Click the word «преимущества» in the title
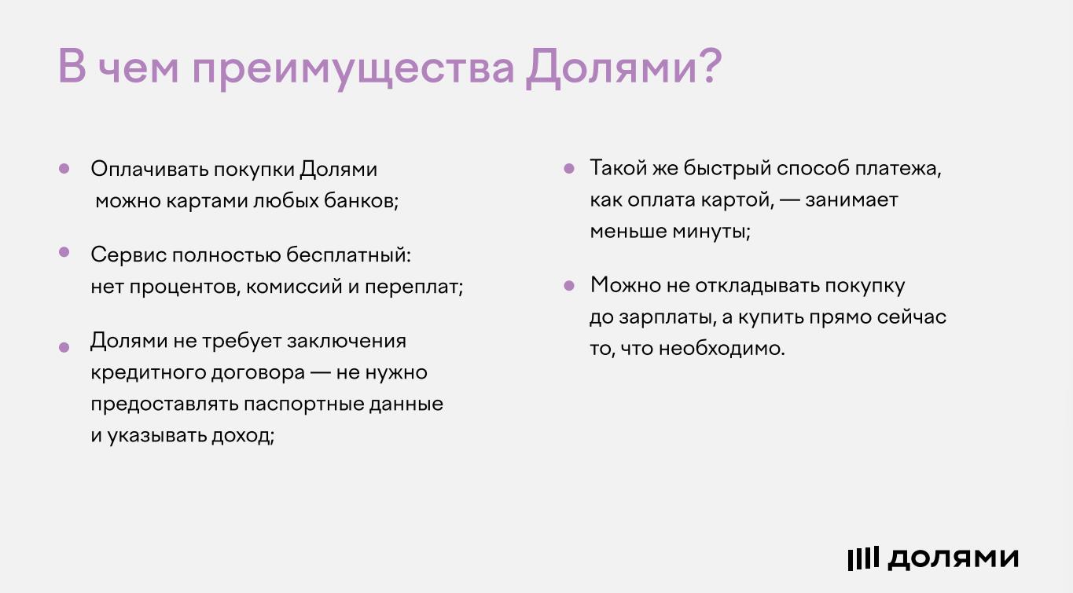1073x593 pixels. coord(353,68)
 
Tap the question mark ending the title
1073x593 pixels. coord(707,65)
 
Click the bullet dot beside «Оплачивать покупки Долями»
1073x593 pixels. coord(64,168)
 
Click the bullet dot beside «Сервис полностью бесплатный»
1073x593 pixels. coord(64,252)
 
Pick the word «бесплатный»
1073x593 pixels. coord(348,254)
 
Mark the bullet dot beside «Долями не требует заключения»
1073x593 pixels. coord(64,347)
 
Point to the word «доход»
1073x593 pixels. coord(242,436)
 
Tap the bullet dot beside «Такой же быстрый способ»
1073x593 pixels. coord(569,168)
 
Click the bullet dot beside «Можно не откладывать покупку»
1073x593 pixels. coord(569,286)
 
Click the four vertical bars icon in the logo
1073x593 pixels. coord(863,558)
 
